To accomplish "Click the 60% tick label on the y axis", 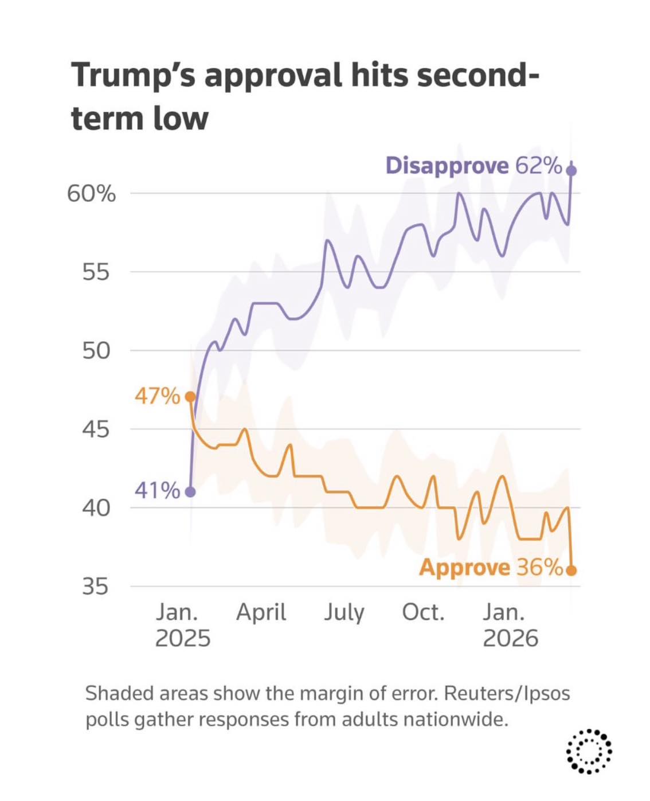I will click(x=91, y=194).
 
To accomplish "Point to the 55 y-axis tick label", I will click(x=95, y=272).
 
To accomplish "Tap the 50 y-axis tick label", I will click(x=95, y=351).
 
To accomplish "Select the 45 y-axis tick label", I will click(x=95, y=429).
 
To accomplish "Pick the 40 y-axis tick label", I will click(x=95, y=508).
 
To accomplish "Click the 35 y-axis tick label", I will click(x=95, y=587).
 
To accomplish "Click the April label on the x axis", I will click(x=261, y=613).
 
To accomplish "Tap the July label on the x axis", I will click(x=344, y=613).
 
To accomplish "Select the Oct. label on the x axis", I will click(x=423, y=612).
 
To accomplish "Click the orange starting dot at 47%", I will click(x=190, y=397).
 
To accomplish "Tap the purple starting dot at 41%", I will click(x=190, y=492).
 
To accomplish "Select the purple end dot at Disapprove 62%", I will click(x=571, y=170).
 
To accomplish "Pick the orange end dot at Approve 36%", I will click(x=571, y=571).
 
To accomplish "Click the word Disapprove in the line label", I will click(x=447, y=166).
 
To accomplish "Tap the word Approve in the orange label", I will click(x=464, y=568).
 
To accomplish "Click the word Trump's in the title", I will click(x=133, y=76).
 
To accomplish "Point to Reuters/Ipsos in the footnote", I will click(x=507, y=694).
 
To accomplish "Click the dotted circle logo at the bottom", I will click(x=589, y=751).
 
